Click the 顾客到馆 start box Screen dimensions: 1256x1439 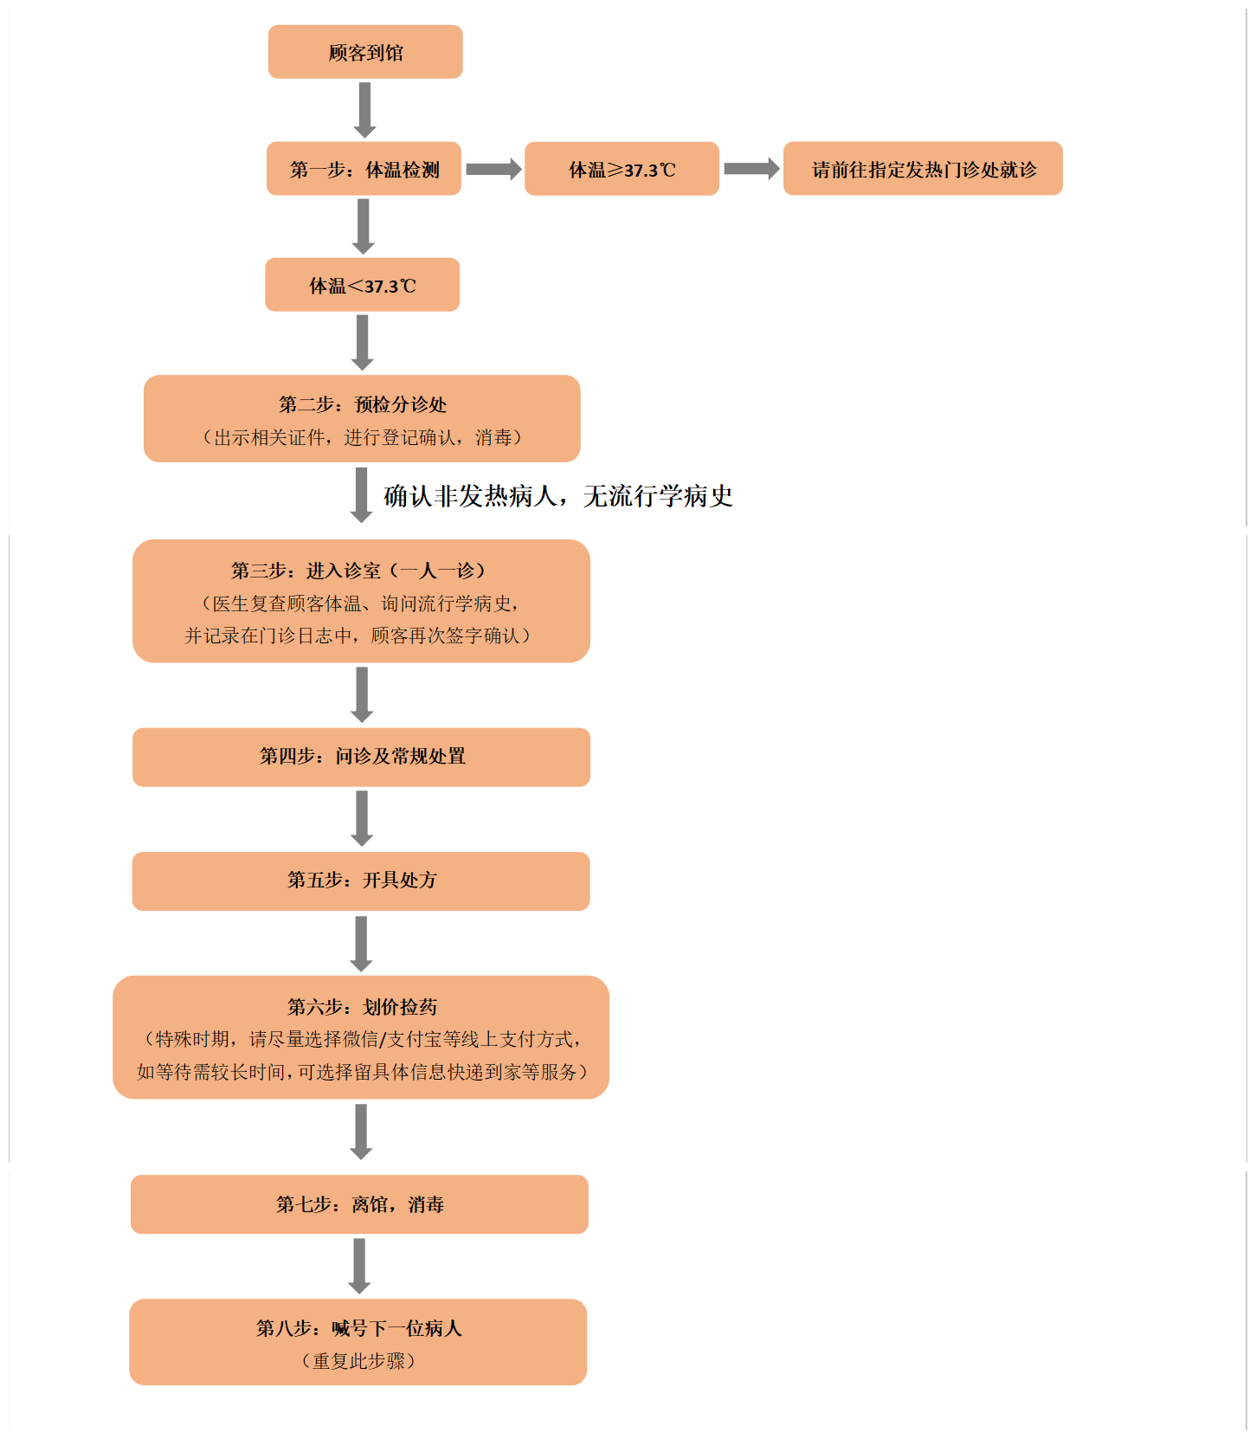[365, 52]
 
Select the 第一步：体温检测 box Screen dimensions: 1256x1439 [364, 169]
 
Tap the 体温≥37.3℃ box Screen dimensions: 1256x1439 [622, 169]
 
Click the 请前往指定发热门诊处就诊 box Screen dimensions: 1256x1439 [923, 169]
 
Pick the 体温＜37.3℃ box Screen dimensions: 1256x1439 [362, 285]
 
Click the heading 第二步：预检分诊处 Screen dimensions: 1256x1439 [363, 404]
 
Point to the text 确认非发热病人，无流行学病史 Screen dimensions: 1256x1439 [558, 496]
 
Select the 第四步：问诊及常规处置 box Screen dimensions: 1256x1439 [361, 758]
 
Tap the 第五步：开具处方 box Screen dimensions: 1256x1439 [361, 881]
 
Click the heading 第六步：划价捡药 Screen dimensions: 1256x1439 [362, 1007]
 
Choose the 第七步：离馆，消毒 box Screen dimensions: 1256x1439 [359, 1204]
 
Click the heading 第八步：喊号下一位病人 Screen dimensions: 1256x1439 [358, 1328]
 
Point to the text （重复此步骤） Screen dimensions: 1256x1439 [358, 1361]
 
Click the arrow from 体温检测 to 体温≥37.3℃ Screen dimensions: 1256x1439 [493, 169]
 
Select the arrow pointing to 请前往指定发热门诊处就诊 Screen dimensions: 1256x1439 [751, 169]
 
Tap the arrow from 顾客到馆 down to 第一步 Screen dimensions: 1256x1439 [365, 110]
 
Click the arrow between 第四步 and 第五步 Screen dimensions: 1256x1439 [362, 818]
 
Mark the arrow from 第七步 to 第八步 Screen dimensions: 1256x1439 [359, 1266]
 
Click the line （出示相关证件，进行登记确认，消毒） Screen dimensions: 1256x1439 [363, 437]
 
